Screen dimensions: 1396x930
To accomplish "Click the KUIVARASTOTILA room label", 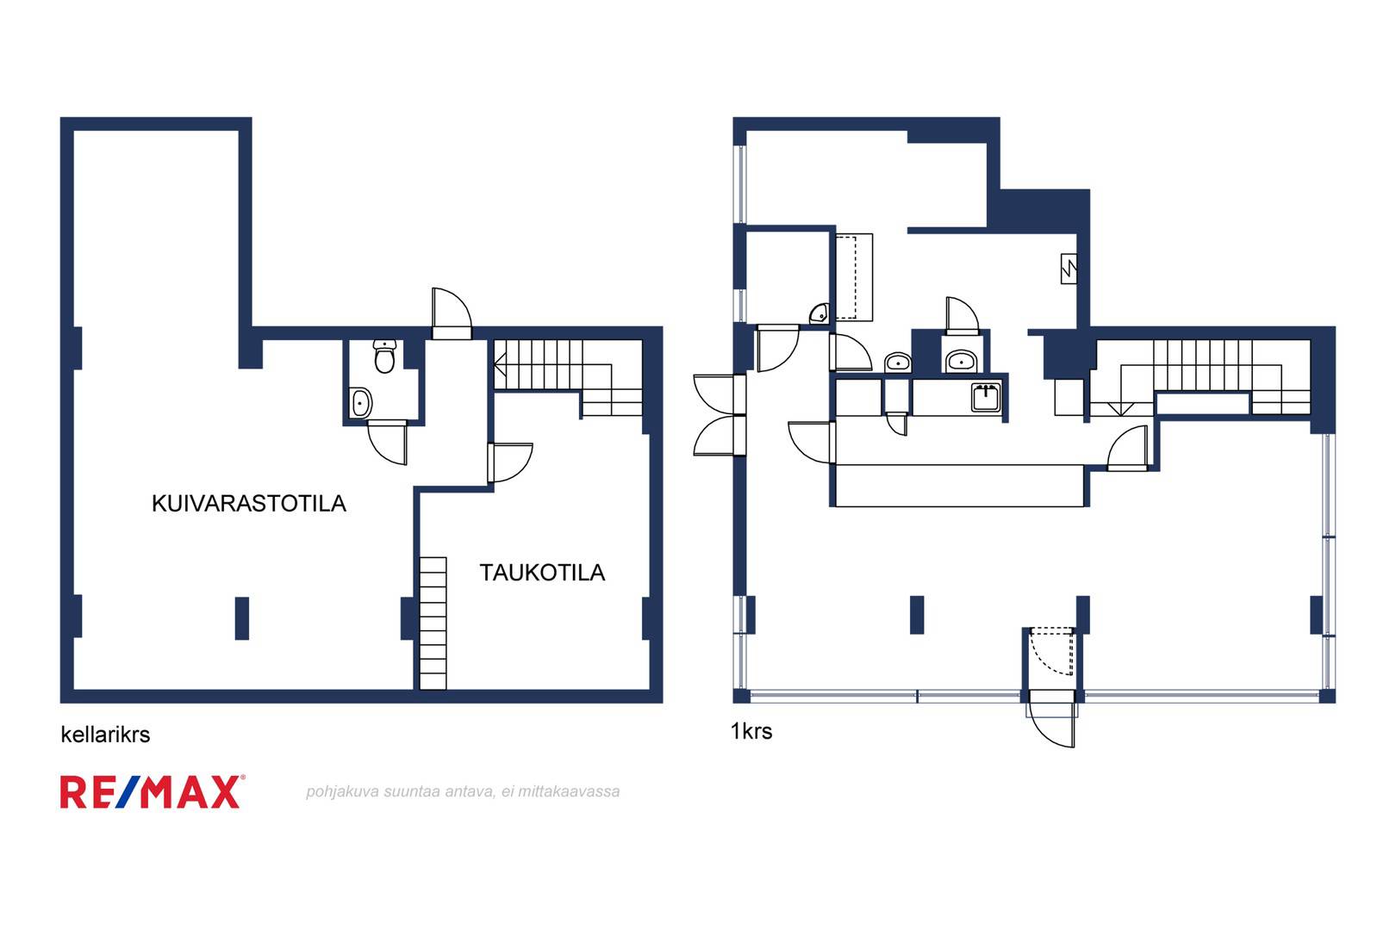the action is click(x=249, y=503).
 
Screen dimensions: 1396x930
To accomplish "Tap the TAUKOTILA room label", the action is click(x=542, y=573).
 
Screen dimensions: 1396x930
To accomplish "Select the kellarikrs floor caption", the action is click(x=105, y=735).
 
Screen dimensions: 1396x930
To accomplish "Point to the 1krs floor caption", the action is click(x=751, y=731).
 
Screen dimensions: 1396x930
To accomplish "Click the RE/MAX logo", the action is click(x=152, y=791).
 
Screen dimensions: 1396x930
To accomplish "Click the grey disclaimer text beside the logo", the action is click(x=463, y=791).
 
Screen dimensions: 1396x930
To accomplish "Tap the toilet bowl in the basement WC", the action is click(x=384, y=356).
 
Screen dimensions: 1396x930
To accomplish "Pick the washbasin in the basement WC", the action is click(x=361, y=403).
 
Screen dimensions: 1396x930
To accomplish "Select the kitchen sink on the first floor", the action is click(x=986, y=397).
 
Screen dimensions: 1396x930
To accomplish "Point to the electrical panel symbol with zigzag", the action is click(x=1069, y=269).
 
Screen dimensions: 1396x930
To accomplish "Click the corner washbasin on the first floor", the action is click(x=820, y=313).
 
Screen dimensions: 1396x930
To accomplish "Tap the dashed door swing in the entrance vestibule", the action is click(x=1051, y=652).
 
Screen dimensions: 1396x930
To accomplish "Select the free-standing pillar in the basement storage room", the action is click(x=242, y=618).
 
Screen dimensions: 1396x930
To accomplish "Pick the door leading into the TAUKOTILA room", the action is click(x=510, y=462).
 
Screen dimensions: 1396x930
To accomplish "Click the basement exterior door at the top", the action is click(x=452, y=313).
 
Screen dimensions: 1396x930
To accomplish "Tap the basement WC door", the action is click(x=387, y=442).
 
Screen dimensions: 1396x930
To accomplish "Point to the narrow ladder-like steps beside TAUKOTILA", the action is click(x=433, y=623).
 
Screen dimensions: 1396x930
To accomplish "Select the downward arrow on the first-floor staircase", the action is click(x=1120, y=409).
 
